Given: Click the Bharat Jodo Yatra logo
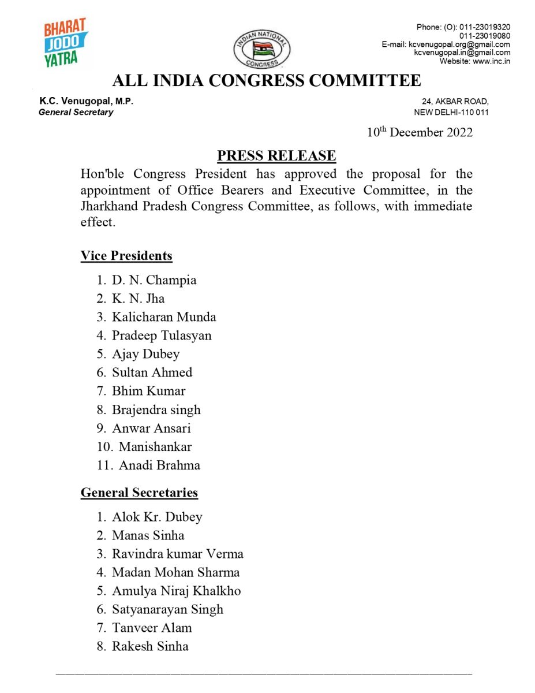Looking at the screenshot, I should point(65,43).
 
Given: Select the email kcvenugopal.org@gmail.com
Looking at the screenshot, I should point(459,44).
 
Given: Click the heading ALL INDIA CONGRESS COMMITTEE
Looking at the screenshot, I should point(267,80).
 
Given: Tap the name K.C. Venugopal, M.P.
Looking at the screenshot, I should point(86,101).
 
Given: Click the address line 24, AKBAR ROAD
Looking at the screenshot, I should point(455,102).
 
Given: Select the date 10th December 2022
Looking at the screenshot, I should point(420,132).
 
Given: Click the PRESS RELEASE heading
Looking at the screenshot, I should point(276,155).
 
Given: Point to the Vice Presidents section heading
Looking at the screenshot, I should point(126,255).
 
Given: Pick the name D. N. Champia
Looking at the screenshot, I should point(154,280).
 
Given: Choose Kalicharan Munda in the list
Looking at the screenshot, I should point(164,317).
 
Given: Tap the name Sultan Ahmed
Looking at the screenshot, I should point(152,372).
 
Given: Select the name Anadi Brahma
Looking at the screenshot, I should point(159,465).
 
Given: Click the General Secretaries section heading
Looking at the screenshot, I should point(139,493).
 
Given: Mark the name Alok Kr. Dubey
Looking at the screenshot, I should point(157,517).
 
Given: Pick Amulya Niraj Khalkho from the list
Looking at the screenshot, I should point(176,591).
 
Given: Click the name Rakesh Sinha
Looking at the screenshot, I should point(150,646).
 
